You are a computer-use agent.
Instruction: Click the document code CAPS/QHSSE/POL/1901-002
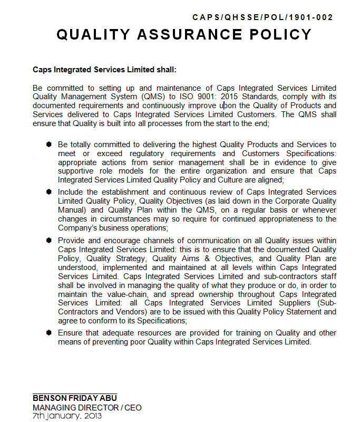(262, 17)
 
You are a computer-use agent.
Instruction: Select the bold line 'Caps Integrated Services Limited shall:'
(104, 69)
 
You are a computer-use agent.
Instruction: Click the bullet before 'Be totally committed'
(49, 144)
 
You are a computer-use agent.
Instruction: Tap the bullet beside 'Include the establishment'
(49, 192)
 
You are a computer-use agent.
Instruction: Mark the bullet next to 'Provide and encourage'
(49, 240)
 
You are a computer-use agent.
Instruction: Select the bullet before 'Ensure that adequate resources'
(49, 333)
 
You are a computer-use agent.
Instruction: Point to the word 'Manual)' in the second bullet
(73, 210)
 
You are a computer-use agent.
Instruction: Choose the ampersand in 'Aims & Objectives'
(210, 258)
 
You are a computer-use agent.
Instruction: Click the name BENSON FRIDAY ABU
(75, 398)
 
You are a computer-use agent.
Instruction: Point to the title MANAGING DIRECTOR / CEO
(87, 407)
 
